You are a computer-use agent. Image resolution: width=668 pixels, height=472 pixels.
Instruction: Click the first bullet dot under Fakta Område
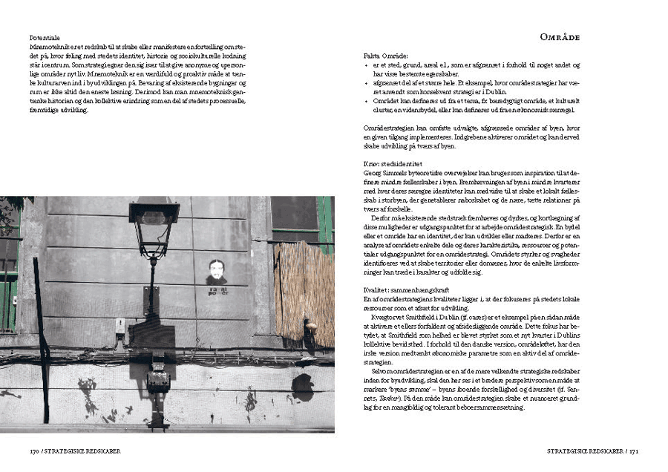pyautogui.click(x=367, y=65)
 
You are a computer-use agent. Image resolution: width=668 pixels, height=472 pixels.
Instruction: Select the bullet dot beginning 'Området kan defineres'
pyautogui.click(x=367, y=100)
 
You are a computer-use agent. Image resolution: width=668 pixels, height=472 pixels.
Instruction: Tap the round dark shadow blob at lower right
pyautogui.click(x=302, y=386)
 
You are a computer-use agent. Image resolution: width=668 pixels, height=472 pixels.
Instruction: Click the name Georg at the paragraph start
pyautogui.click(x=373, y=171)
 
